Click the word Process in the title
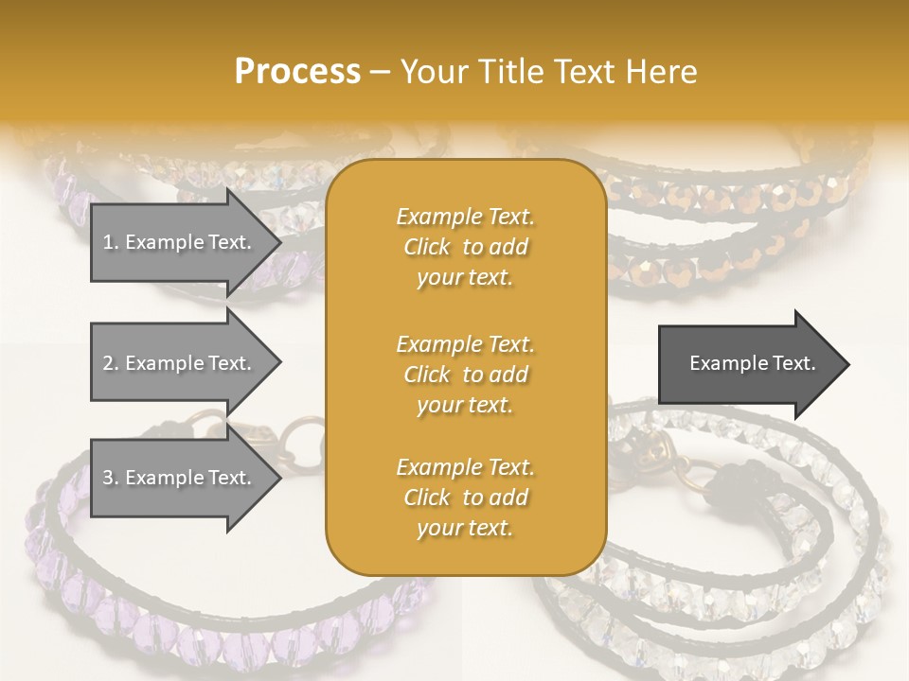click(297, 71)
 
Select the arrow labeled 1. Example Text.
click(178, 242)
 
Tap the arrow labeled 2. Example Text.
click(178, 363)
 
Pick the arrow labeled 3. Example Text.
click(178, 478)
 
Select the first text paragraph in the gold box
click(465, 247)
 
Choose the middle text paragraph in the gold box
click(465, 375)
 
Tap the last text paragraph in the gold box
click(465, 498)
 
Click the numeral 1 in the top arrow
click(108, 242)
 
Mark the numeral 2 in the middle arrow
click(108, 363)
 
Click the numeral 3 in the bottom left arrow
click(108, 478)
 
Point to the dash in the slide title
click(381, 72)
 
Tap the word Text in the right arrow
click(794, 363)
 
